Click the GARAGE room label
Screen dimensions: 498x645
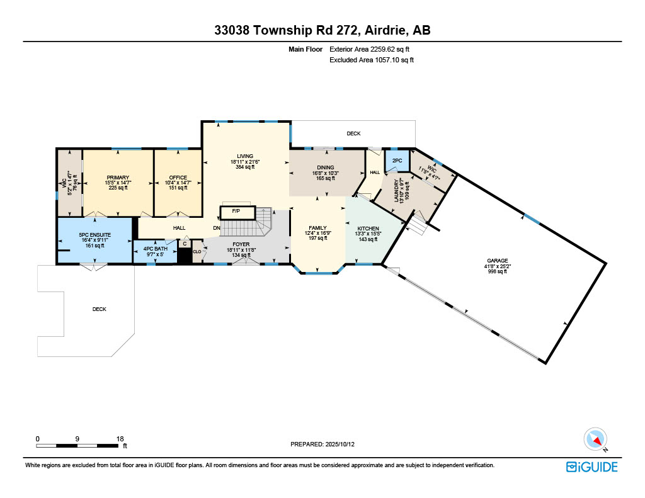point(497,260)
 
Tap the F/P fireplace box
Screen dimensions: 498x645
point(236,211)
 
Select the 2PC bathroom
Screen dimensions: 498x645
point(397,161)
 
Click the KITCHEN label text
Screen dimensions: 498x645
point(368,228)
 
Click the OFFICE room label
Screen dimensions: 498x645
point(178,178)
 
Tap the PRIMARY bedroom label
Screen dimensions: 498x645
point(118,178)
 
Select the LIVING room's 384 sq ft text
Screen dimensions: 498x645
point(245,167)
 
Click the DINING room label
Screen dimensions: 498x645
point(326,167)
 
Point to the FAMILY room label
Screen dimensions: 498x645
point(317,228)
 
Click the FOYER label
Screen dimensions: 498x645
point(241,244)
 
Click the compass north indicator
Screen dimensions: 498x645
point(595,439)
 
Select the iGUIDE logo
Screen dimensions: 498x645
point(591,467)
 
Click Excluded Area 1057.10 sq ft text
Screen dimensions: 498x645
point(372,60)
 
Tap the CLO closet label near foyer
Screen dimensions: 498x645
point(197,251)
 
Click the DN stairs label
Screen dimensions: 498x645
point(217,227)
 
